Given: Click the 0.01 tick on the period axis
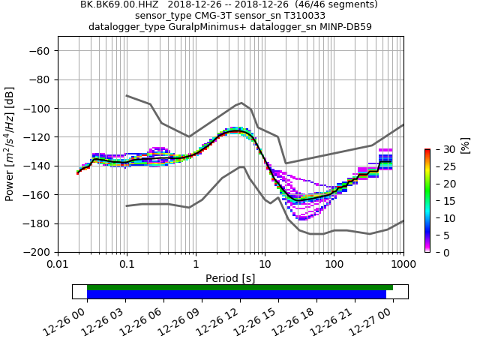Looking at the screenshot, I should pos(58,265).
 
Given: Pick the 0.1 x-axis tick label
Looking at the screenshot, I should pos(127,265).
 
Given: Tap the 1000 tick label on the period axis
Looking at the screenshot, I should pos(403,265).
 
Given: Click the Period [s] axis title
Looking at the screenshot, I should pos(230,278).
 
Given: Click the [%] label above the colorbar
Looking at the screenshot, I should pos(465,145).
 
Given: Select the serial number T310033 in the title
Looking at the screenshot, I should pos(301,16).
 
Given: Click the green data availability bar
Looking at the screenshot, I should pos(240,287).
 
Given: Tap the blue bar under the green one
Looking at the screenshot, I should pos(236,295).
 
